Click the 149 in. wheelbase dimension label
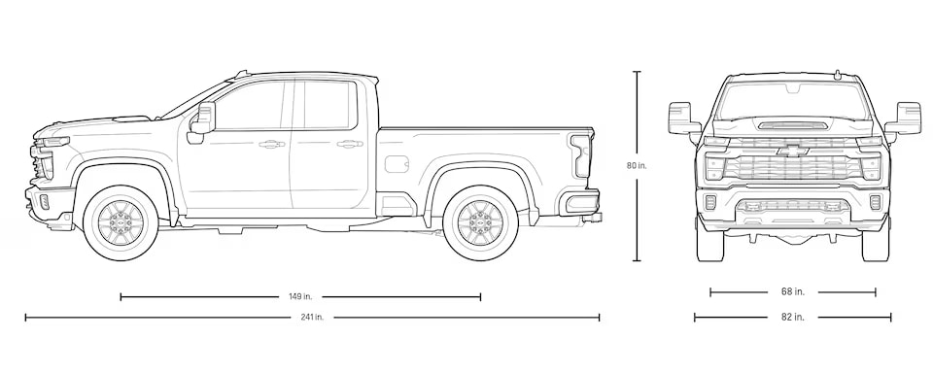(x=300, y=296)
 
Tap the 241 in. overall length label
(x=312, y=317)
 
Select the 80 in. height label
(x=636, y=166)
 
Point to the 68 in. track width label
(x=793, y=291)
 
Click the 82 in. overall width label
(x=793, y=317)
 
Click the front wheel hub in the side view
(x=121, y=222)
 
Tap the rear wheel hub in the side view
(x=480, y=222)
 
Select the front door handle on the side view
(x=271, y=144)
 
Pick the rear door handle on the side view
(x=350, y=144)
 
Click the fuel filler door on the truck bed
(x=397, y=164)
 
